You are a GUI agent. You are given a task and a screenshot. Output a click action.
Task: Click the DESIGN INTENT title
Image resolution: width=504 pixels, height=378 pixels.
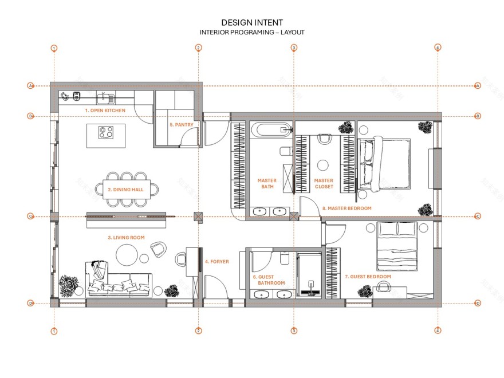[x=252, y=22]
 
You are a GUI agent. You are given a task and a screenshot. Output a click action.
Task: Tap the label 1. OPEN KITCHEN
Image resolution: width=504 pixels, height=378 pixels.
[x=105, y=110]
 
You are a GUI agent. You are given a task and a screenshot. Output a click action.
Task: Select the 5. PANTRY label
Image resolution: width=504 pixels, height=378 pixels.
[x=182, y=124]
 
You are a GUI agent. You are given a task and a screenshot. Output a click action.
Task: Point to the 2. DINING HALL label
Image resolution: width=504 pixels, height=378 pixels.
[x=125, y=188]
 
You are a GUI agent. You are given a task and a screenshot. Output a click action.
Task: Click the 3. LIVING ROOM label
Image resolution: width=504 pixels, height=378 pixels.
[x=126, y=237]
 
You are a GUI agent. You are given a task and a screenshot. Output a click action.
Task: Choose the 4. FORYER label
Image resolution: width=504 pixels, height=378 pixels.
[x=217, y=262]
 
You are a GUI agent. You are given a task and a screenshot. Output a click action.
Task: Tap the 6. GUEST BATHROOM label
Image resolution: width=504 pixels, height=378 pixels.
[x=269, y=279]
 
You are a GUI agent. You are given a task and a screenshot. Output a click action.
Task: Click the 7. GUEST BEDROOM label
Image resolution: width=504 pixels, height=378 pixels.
[x=368, y=277]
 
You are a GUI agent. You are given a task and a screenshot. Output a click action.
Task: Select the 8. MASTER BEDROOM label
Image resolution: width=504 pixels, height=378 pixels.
[x=346, y=208]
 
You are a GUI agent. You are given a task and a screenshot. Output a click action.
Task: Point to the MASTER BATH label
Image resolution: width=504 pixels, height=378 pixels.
[x=267, y=183]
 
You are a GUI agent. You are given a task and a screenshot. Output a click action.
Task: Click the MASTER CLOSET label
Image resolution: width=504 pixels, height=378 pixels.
[x=324, y=183]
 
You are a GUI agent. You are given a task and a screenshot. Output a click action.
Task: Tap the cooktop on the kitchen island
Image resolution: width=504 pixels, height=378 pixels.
[x=106, y=132]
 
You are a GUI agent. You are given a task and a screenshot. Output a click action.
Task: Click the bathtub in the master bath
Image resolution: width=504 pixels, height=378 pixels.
[x=271, y=129]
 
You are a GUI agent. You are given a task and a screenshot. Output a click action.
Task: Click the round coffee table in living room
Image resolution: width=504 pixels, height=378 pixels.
[x=127, y=254]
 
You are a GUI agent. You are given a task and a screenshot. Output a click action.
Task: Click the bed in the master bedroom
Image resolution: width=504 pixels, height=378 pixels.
[x=384, y=164]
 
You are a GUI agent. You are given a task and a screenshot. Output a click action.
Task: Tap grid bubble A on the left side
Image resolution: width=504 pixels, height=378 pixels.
[x=30, y=86]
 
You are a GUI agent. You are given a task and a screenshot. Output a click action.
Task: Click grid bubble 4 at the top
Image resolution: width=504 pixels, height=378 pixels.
[x=438, y=48]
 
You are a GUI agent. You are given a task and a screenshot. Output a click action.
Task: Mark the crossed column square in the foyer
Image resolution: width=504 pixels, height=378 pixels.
[x=198, y=216]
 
